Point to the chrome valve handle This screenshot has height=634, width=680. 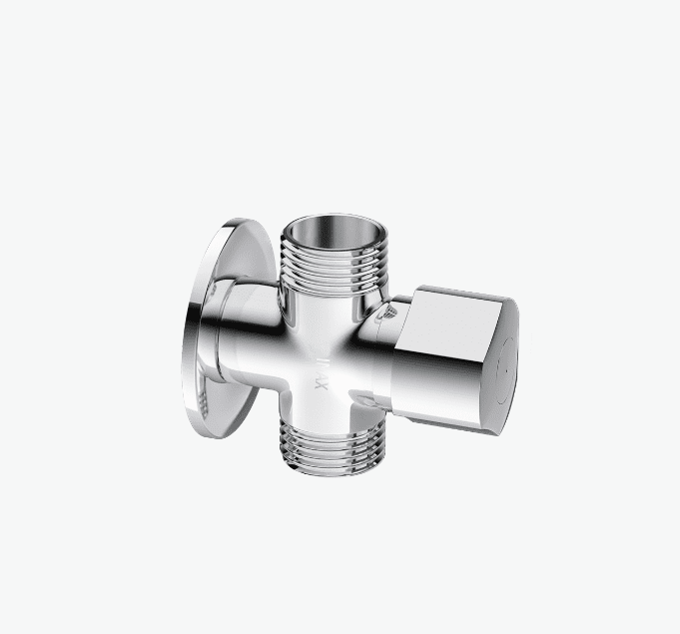[x=454, y=349]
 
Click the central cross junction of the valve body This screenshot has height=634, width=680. [x=325, y=344]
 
